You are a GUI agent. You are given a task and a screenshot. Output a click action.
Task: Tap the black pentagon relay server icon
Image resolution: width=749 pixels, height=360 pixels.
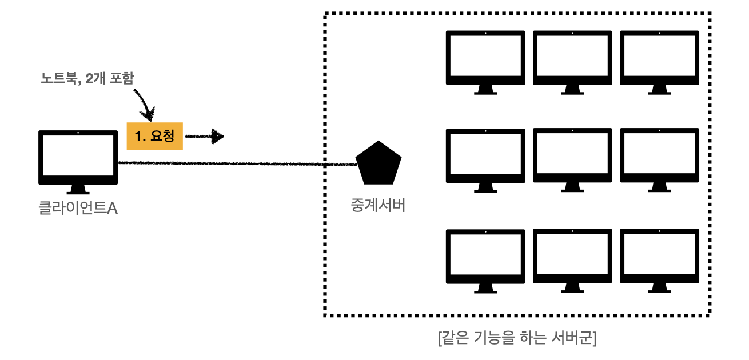tap(378, 163)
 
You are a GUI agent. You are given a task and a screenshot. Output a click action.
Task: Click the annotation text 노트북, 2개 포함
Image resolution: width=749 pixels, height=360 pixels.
tap(87, 78)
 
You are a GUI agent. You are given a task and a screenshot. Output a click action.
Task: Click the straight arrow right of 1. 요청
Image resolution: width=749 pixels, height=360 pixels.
tap(205, 137)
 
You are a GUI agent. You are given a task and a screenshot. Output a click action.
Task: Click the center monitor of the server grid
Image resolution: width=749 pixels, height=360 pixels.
tap(572, 156)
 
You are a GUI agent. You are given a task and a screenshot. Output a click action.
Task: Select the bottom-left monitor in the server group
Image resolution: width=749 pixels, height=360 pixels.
tap(485, 257)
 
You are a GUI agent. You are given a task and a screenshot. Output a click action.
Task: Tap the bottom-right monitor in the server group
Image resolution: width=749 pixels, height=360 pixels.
tap(659, 257)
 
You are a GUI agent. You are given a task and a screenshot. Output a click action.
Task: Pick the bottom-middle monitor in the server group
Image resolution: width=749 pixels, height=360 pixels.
tap(572, 257)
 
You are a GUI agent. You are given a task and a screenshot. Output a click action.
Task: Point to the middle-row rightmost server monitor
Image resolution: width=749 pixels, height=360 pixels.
tap(659, 156)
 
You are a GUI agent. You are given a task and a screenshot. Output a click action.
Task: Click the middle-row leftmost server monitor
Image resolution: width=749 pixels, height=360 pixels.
tap(485, 156)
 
